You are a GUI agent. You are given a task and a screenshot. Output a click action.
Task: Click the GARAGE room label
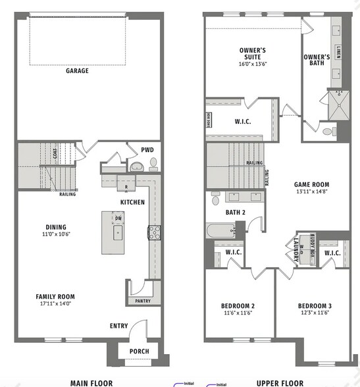[x=77, y=70]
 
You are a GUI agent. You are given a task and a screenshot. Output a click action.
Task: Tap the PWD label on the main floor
[x=147, y=149]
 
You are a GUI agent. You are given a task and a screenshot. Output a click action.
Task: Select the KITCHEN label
[x=132, y=202]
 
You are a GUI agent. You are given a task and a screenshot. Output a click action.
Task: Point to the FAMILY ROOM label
[x=55, y=297]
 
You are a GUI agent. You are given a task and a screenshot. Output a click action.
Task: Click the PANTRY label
[x=142, y=301]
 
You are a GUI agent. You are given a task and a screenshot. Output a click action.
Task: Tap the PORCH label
[x=138, y=351]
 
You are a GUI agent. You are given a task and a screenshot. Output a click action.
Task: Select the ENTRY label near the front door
[x=118, y=326]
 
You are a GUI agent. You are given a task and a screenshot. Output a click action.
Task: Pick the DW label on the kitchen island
[x=118, y=218]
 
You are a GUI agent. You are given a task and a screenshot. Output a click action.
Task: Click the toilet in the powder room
[x=153, y=162]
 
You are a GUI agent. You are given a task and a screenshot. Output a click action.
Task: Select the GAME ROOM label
[x=311, y=185]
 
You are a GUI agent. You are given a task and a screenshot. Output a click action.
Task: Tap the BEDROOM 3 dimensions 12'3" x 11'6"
[x=314, y=313]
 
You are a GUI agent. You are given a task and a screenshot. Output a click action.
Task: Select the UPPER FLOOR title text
[x=280, y=382]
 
